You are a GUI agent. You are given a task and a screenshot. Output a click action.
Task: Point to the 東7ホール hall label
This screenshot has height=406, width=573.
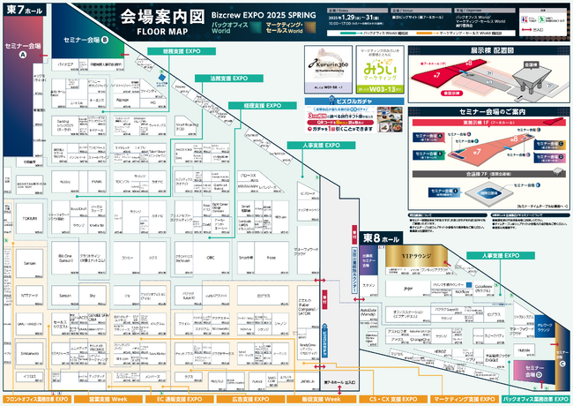tap(24, 10)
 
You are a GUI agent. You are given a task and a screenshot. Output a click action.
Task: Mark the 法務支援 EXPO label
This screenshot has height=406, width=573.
tap(227, 78)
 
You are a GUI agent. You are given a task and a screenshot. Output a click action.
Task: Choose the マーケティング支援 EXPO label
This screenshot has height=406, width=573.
tap(464, 374)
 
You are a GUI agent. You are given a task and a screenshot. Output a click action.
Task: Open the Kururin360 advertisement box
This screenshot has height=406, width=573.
tap(333, 65)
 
